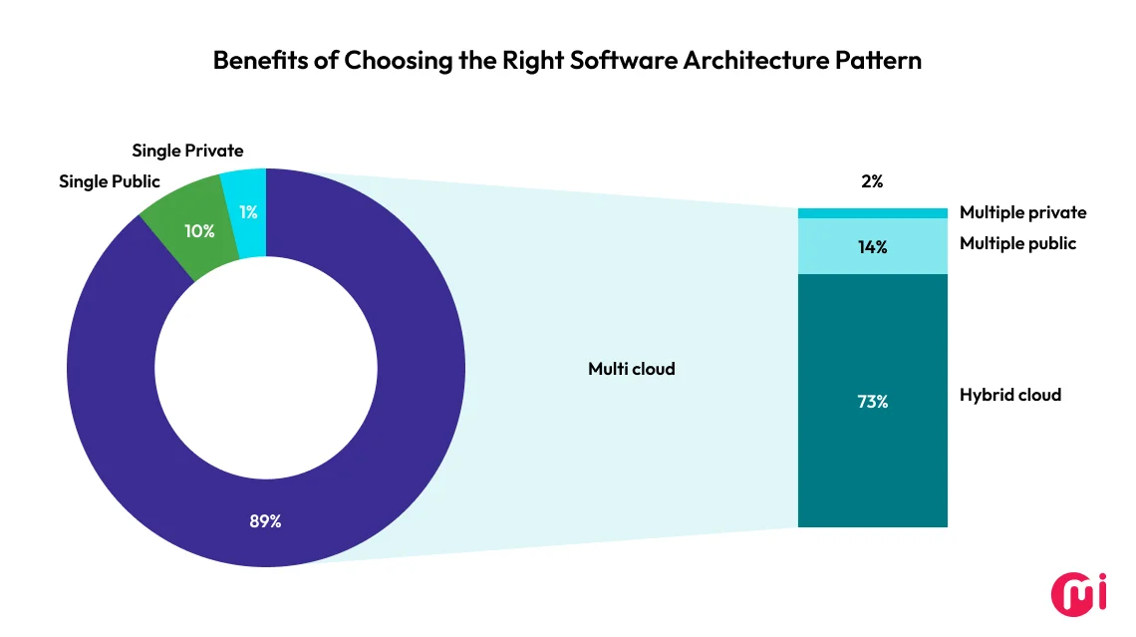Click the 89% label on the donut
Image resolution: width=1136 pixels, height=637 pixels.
click(265, 520)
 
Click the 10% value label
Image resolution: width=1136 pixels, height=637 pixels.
click(199, 230)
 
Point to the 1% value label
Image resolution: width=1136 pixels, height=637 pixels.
click(248, 211)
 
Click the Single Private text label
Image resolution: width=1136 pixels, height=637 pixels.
click(187, 151)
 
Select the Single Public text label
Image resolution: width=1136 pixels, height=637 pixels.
click(110, 181)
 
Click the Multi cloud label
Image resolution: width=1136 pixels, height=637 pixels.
click(631, 369)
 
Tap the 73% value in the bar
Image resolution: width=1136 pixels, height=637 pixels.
click(872, 403)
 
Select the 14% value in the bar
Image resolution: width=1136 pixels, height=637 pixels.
click(872, 247)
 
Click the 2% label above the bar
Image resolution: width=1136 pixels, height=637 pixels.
click(872, 181)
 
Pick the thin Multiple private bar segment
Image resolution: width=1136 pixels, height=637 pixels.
click(872, 213)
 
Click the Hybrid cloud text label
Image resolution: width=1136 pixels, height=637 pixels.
click(1009, 395)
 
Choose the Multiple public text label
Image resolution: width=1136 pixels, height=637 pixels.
click(1017, 243)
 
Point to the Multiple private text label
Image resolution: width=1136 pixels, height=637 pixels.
click(1022, 212)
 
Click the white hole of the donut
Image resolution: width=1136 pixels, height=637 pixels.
click(265, 368)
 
